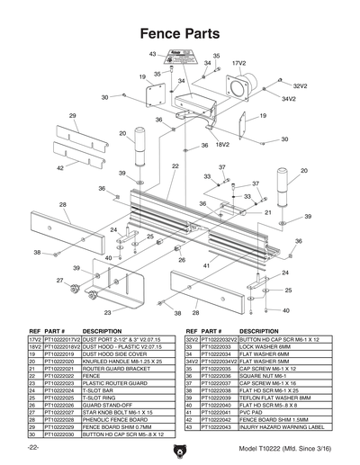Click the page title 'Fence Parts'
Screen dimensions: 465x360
pyautogui.click(x=179, y=34)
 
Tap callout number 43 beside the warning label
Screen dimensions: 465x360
pyautogui.click(x=152, y=55)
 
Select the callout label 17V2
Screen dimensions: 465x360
pyautogui.click(x=239, y=65)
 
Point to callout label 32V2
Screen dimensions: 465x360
pyautogui.click(x=300, y=85)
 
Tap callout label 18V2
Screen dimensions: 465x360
pyautogui.click(x=221, y=144)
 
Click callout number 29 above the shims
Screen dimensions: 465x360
pyautogui.click(x=72, y=116)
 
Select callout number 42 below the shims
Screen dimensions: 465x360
pyautogui.click(x=59, y=167)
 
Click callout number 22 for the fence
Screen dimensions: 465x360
pyautogui.click(x=175, y=166)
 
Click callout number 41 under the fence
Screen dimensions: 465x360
pyautogui.click(x=206, y=265)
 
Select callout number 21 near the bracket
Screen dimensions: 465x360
pyautogui.click(x=267, y=212)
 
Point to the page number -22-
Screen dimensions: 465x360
pyautogui.click(x=33, y=447)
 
